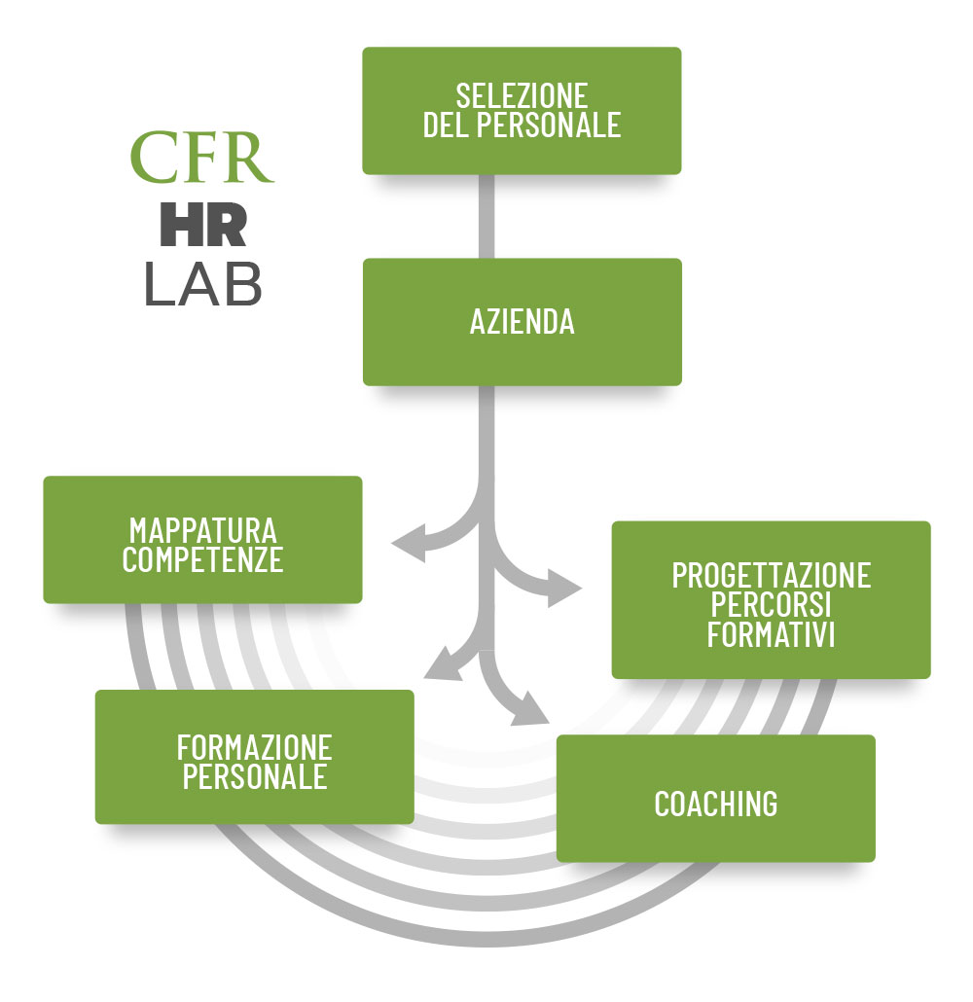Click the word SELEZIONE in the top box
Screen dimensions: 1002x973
click(x=522, y=96)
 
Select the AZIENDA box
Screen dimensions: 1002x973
click(x=522, y=322)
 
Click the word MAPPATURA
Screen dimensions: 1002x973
click(x=202, y=531)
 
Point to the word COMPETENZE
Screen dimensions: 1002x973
click(x=202, y=560)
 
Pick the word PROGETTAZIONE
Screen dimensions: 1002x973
click(x=771, y=575)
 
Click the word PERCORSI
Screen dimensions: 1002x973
click(x=771, y=604)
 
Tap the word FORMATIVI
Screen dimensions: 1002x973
click(x=771, y=634)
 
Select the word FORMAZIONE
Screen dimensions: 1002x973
click(x=254, y=748)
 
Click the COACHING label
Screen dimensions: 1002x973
click(x=715, y=804)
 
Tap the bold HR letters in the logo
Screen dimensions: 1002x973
click(x=202, y=225)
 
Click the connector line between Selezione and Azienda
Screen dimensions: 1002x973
click(x=486, y=216)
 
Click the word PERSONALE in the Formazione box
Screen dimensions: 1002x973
click(x=254, y=777)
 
